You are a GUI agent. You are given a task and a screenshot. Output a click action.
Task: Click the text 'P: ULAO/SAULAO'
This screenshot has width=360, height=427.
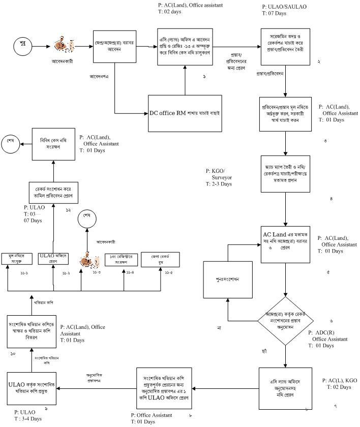284,6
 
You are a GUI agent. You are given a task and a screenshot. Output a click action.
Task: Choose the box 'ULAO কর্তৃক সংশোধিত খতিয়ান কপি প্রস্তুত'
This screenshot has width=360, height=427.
31,387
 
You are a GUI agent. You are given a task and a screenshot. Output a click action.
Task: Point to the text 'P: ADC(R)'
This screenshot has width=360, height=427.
322,332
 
